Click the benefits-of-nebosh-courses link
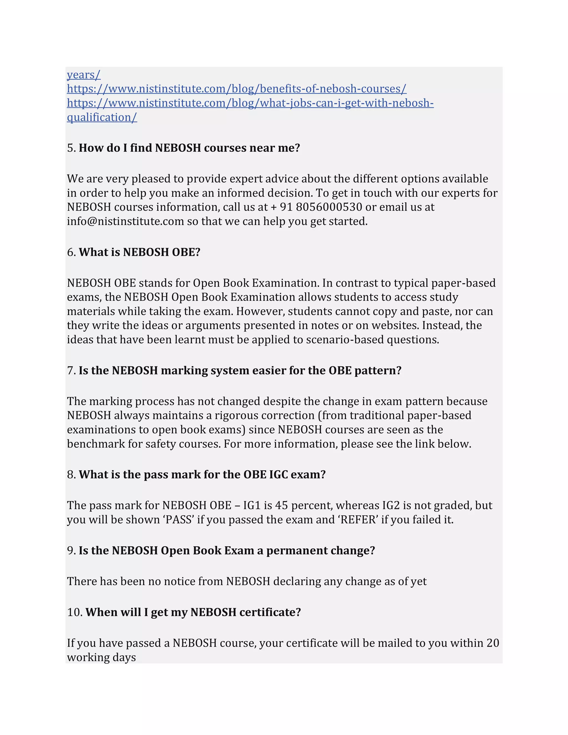click(237, 89)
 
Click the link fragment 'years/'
click(83, 75)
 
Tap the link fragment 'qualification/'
click(102, 117)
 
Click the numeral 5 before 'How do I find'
click(70, 148)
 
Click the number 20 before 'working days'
click(493, 643)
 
